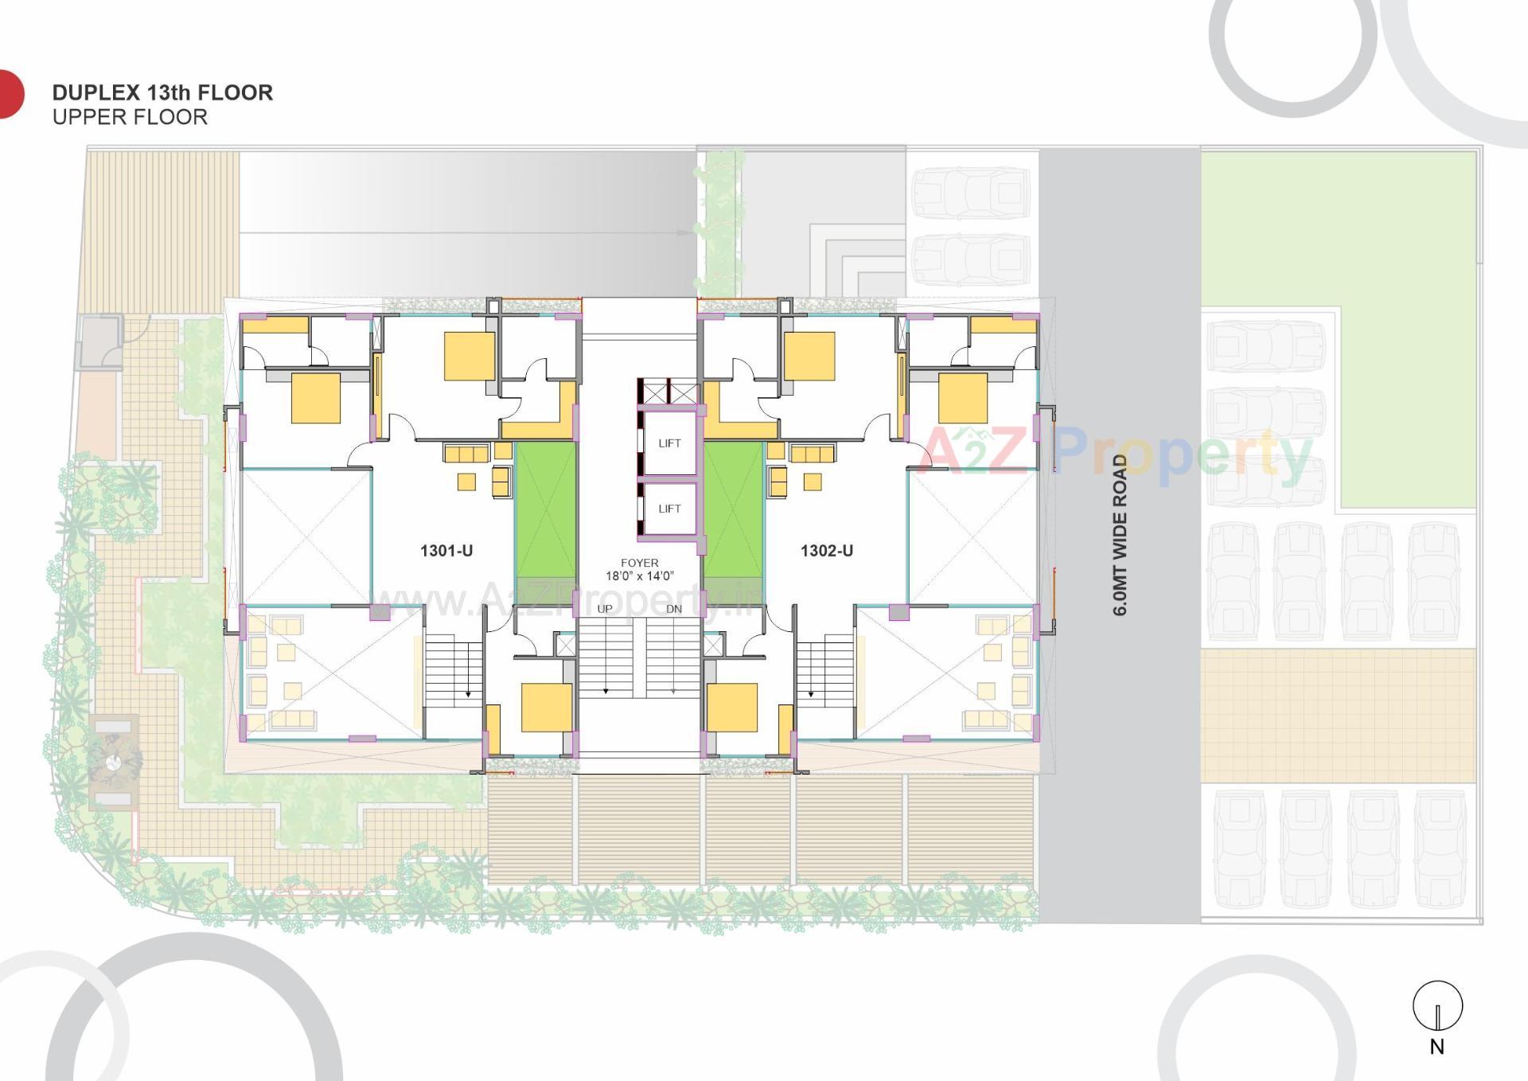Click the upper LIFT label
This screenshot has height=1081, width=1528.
tap(669, 443)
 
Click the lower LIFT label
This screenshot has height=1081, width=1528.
tap(669, 509)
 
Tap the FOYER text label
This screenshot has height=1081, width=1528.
tap(639, 563)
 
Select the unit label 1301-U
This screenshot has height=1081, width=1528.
tap(446, 551)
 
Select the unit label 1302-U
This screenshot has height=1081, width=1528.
tap(827, 551)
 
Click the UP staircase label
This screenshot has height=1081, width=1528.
tap(605, 609)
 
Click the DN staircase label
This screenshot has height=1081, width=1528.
tap(673, 609)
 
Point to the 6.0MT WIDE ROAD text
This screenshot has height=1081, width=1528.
tap(1121, 535)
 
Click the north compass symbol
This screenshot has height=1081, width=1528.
tap(1437, 1007)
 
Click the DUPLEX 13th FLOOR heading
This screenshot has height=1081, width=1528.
tap(162, 92)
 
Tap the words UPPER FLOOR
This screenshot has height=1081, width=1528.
tap(130, 117)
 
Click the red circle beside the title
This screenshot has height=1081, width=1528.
tap(10, 94)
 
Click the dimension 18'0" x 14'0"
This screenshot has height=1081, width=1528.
tap(639, 576)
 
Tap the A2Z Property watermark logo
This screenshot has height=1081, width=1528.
tap(1114, 454)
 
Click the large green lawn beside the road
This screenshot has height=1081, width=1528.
tap(1337, 239)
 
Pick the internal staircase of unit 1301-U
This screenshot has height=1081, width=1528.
tap(452, 670)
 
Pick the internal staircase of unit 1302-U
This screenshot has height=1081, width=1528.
tap(826, 670)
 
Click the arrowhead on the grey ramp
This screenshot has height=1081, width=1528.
tap(684, 233)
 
